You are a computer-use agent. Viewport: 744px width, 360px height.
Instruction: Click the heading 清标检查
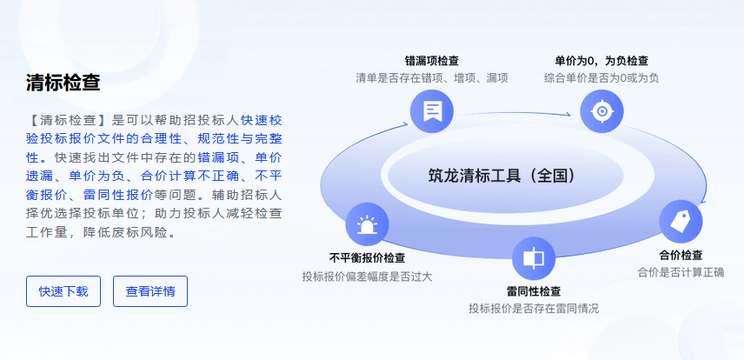(x=63, y=82)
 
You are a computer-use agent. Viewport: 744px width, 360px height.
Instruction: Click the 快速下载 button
(x=63, y=291)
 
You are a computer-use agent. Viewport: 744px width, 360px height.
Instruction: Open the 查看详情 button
(x=150, y=291)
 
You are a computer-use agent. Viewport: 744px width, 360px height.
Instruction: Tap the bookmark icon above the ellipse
(x=432, y=111)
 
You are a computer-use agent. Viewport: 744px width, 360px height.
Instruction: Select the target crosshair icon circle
(x=601, y=111)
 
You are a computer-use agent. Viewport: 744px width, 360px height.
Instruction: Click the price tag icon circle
(x=681, y=222)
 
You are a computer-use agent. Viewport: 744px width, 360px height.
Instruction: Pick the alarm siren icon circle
(x=368, y=224)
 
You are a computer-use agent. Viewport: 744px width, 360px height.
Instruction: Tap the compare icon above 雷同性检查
(x=534, y=258)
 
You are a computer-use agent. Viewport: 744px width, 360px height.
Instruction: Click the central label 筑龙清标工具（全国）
(x=502, y=176)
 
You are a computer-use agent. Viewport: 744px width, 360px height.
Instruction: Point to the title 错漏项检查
(x=432, y=61)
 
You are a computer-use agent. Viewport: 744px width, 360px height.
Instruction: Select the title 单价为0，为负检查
(x=601, y=61)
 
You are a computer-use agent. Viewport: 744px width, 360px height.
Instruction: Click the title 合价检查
(x=681, y=255)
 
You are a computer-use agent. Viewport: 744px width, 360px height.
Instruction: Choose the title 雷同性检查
(x=534, y=291)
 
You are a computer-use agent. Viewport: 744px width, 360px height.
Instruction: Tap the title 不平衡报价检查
(x=368, y=258)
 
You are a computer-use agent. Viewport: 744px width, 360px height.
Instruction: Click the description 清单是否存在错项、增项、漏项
(x=432, y=78)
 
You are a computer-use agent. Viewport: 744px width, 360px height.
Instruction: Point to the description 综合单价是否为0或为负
(x=601, y=78)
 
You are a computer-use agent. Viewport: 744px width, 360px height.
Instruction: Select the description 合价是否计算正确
(x=681, y=273)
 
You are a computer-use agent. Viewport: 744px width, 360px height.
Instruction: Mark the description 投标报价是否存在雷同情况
(x=534, y=309)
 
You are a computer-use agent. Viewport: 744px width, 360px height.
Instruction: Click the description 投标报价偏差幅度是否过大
(x=368, y=277)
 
